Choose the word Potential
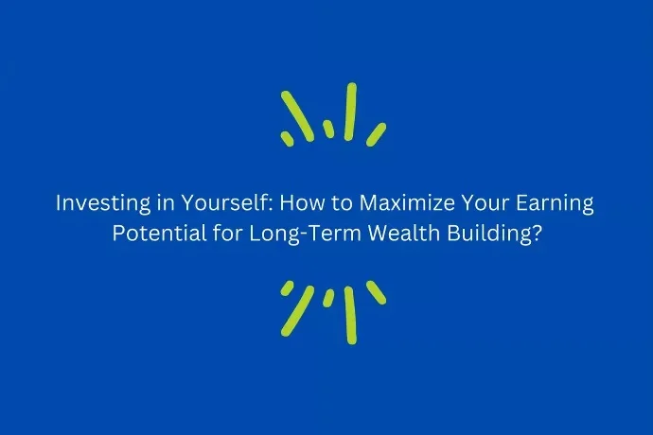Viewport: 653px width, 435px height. coord(160,234)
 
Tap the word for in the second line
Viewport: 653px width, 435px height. coord(227,234)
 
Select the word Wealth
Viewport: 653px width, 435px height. coord(404,234)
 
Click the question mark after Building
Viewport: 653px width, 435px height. coord(537,234)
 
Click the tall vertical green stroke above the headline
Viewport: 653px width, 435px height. coord(350,112)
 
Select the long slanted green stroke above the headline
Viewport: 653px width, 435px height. coord(297,116)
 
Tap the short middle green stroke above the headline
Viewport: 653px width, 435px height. coord(328,129)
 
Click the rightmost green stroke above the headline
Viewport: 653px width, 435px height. coord(376,134)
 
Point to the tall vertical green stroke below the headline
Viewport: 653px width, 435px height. coord(350,315)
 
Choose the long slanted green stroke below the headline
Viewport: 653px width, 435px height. coord(297,310)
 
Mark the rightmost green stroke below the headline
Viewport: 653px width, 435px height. coord(376,292)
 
